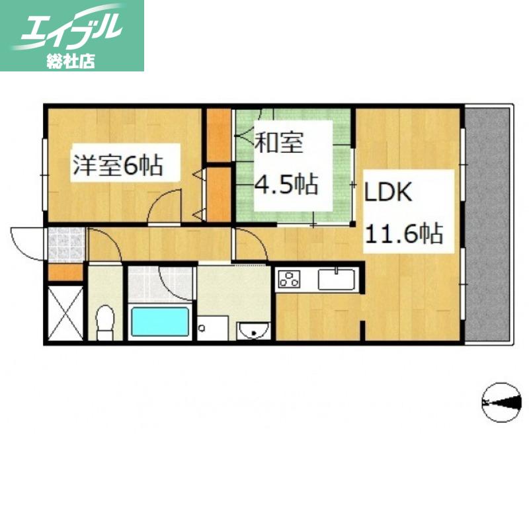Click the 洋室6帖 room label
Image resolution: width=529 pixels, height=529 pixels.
[118, 165]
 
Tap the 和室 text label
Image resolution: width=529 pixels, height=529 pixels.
[279, 142]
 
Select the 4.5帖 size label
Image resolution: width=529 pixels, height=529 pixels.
[286, 184]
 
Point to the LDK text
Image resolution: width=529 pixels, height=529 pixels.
[388, 192]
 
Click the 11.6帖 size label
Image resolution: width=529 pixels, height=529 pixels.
[404, 233]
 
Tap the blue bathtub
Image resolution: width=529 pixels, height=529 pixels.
[160, 321]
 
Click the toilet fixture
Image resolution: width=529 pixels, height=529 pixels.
[105, 323]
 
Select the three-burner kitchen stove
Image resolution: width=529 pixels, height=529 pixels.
[289, 278]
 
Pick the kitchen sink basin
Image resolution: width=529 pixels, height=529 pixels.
[337, 279]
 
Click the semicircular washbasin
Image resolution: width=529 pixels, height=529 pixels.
[253, 330]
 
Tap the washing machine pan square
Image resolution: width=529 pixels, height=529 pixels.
[212, 328]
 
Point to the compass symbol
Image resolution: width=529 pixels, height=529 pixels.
[501, 402]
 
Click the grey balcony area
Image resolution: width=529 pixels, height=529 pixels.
[489, 225]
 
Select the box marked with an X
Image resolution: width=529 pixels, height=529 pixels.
[65, 313]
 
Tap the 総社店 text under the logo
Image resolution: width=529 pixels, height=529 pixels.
[71, 61]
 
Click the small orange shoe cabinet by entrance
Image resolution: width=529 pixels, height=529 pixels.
[65, 272]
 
